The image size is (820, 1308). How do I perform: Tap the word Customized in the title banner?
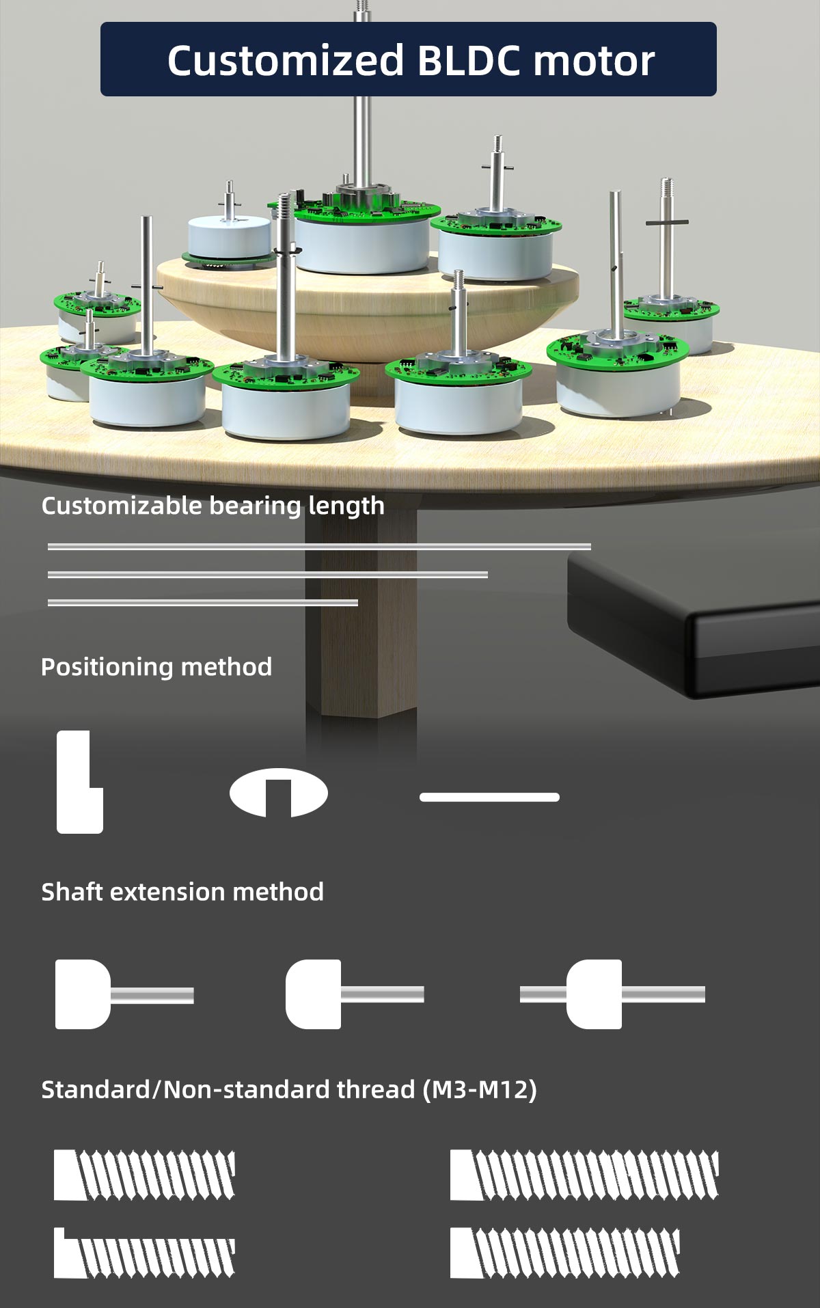click(286, 61)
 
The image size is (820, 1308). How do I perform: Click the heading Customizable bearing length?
click(213, 506)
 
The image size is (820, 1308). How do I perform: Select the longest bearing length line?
click(319, 547)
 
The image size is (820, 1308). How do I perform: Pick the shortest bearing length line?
click(203, 603)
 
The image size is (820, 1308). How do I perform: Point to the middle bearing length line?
click(268, 575)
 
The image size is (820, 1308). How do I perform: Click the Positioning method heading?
click(156, 666)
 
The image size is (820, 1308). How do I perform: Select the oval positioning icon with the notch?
click(279, 793)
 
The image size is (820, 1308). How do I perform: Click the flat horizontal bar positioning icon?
click(489, 798)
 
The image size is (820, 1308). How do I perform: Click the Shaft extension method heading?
click(182, 892)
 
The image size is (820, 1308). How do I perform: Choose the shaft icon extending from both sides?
click(612, 994)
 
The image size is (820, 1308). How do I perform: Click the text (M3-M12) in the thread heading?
click(479, 1089)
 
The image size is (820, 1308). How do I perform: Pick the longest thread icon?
click(584, 1175)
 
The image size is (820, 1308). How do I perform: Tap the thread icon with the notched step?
click(144, 1253)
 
